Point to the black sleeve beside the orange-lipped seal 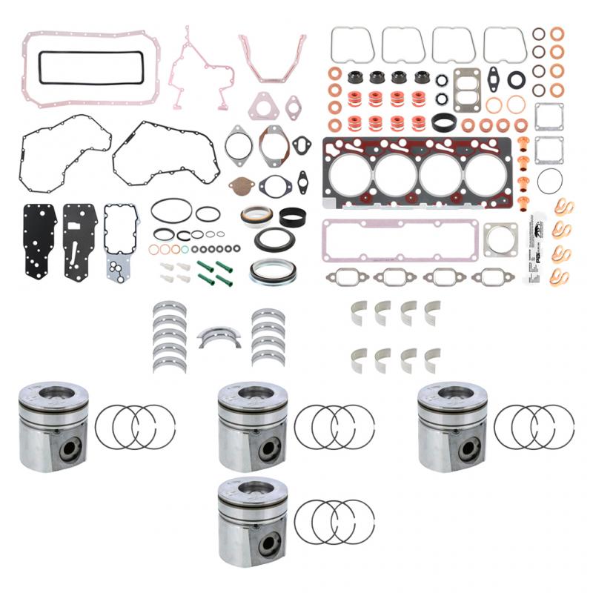[294, 216]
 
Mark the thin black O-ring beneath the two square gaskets [549, 180]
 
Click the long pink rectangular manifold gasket [399, 238]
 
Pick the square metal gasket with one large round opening [500, 240]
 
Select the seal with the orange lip [256, 215]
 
